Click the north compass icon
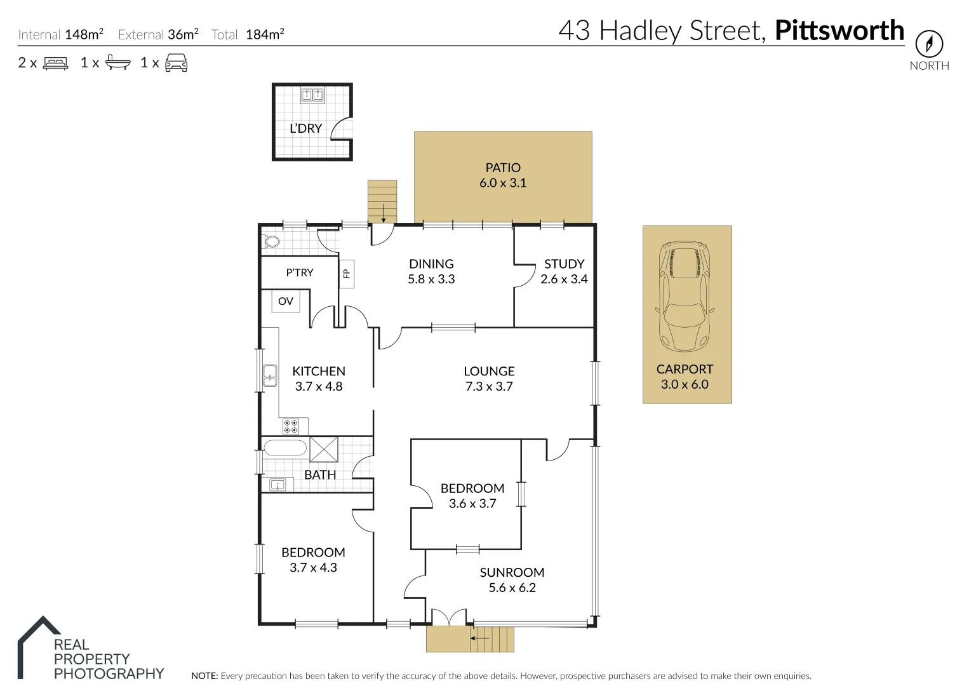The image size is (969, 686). (x=929, y=44)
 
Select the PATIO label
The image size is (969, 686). (x=503, y=168)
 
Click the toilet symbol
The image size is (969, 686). (x=272, y=241)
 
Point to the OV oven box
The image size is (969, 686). (x=286, y=301)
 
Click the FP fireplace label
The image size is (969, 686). (x=347, y=274)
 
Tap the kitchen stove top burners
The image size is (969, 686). (x=291, y=426)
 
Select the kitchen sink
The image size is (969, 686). (x=270, y=376)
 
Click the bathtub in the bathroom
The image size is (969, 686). (x=285, y=448)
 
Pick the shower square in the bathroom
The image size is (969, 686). (x=324, y=449)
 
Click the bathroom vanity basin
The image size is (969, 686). (x=277, y=485)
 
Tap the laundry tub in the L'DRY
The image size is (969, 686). (x=312, y=95)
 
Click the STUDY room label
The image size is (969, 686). (x=564, y=264)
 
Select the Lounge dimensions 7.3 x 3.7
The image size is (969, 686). (x=489, y=386)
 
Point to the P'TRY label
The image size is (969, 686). (x=300, y=272)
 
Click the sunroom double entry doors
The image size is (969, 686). (x=449, y=617)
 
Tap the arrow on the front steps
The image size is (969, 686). (x=480, y=638)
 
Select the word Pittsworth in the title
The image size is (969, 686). (x=839, y=30)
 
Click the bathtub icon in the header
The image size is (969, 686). (x=117, y=63)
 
